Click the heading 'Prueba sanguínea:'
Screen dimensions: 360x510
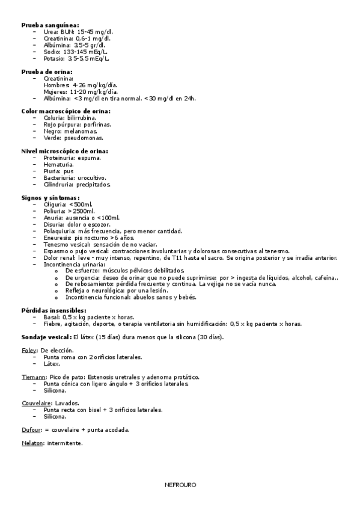[x=50, y=25]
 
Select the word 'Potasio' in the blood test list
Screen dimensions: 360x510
[x=53, y=58]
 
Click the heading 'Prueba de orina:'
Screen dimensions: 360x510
[x=47, y=72]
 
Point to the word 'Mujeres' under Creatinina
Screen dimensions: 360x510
[x=55, y=91]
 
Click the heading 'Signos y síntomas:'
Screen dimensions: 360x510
[x=50, y=197]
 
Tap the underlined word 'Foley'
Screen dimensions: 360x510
[x=29, y=350]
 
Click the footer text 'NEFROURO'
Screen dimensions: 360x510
[x=180, y=484]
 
